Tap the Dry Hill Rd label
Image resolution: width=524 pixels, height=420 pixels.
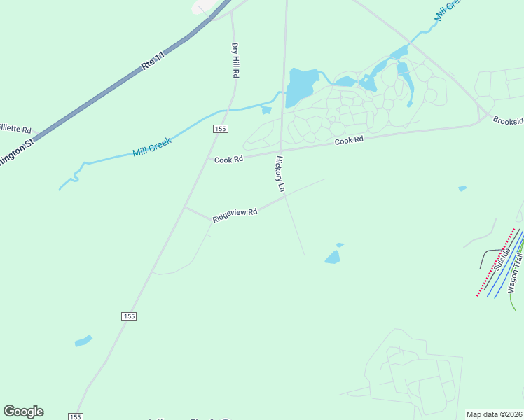(236, 61)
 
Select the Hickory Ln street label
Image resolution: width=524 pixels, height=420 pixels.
(280, 174)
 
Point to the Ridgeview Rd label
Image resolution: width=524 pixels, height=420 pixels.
(235, 215)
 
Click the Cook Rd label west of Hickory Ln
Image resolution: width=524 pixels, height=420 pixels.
(228, 160)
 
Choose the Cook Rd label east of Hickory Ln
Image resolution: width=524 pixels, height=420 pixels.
(349, 141)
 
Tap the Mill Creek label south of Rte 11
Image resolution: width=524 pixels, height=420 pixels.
(152, 146)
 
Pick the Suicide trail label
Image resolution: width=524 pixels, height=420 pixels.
(501, 259)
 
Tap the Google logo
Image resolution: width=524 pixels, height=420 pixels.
(23, 412)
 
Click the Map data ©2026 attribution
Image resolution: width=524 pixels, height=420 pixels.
(494, 414)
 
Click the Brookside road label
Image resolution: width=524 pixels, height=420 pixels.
(507, 120)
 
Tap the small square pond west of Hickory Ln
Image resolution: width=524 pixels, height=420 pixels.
(266, 110)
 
